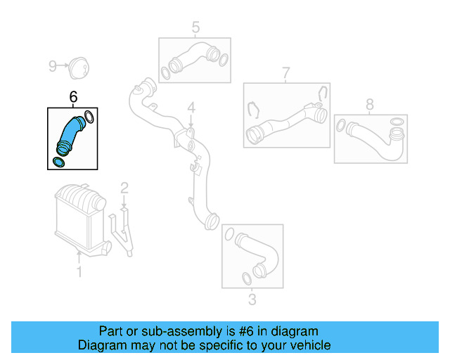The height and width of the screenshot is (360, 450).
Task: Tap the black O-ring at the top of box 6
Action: click(x=89, y=116)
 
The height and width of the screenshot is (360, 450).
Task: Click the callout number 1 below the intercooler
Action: click(x=79, y=271)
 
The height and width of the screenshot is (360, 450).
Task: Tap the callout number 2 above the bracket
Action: click(x=124, y=188)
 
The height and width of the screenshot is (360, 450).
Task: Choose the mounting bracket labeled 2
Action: click(x=124, y=229)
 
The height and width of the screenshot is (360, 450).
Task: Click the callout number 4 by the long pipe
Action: click(x=190, y=109)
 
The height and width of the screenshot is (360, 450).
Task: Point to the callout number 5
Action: click(x=195, y=27)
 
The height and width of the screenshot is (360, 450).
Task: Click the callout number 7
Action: click(x=285, y=72)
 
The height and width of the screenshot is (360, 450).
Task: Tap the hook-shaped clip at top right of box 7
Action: click(x=322, y=94)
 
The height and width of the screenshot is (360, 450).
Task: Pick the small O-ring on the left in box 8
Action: click(x=342, y=127)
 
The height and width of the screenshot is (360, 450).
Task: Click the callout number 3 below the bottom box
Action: click(x=252, y=301)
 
